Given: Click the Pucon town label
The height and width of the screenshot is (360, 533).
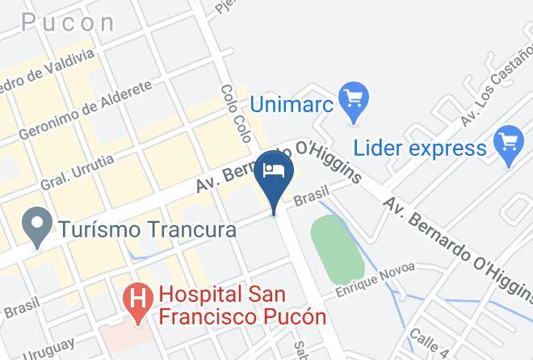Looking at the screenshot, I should tap(69, 22).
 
